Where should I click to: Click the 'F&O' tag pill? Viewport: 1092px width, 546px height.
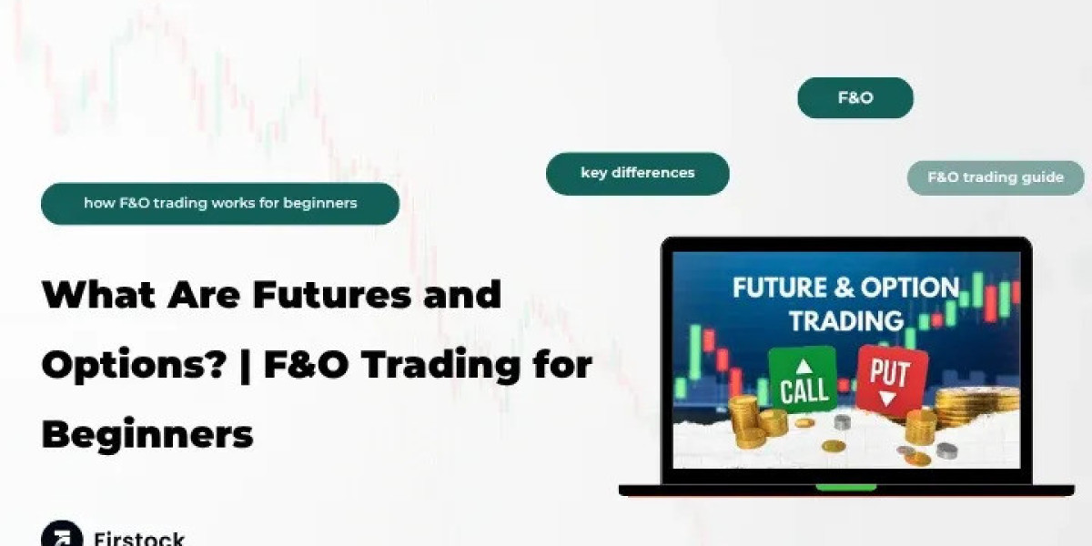(854, 98)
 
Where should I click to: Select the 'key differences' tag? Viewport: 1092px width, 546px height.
(637, 173)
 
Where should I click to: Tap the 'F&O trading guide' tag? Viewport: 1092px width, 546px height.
(995, 177)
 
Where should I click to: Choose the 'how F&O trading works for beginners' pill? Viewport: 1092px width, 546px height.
(220, 203)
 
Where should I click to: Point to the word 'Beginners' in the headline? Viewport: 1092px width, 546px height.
(147, 434)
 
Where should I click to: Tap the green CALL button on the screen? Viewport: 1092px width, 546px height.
(803, 380)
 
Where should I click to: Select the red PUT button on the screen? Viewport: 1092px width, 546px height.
(891, 376)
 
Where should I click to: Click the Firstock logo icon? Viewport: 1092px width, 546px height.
(61, 535)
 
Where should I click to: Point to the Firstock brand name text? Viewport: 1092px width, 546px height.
(139, 537)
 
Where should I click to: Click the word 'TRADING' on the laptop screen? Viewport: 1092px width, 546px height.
(846, 320)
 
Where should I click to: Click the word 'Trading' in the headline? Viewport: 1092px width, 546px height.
(438, 365)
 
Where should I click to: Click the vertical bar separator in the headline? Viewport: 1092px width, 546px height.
(247, 365)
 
